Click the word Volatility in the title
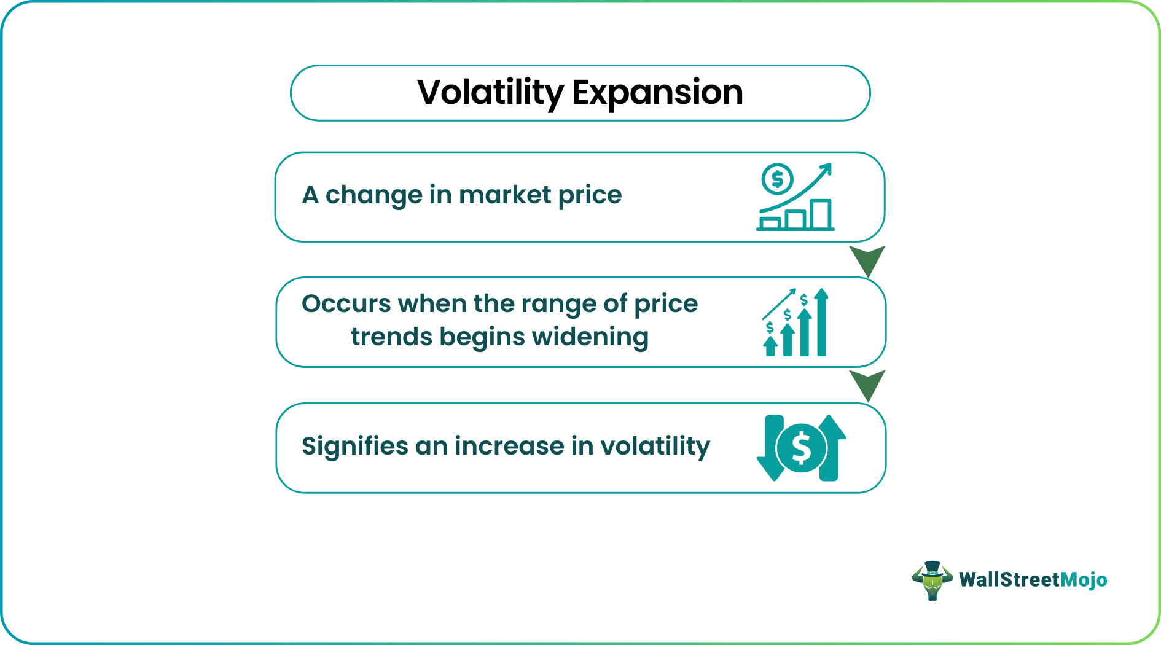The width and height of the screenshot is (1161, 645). click(x=490, y=93)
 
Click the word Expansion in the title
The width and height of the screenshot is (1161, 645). click(x=657, y=93)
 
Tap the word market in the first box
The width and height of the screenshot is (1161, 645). click(x=505, y=195)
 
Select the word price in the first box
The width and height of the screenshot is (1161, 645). click(x=590, y=195)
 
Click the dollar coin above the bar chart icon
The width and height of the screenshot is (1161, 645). click(x=777, y=179)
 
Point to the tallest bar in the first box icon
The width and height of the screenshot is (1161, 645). click(x=821, y=214)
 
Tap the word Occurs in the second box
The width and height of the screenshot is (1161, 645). click(x=346, y=304)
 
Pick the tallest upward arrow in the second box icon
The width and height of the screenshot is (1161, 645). click(x=821, y=322)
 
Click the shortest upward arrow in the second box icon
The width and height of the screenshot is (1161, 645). click(x=770, y=346)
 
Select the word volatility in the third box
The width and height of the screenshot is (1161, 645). click(x=655, y=446)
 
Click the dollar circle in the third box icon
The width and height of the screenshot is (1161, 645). click(x=801, y=448)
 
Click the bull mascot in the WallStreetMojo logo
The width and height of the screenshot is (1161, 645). click(x=932, y=580)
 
